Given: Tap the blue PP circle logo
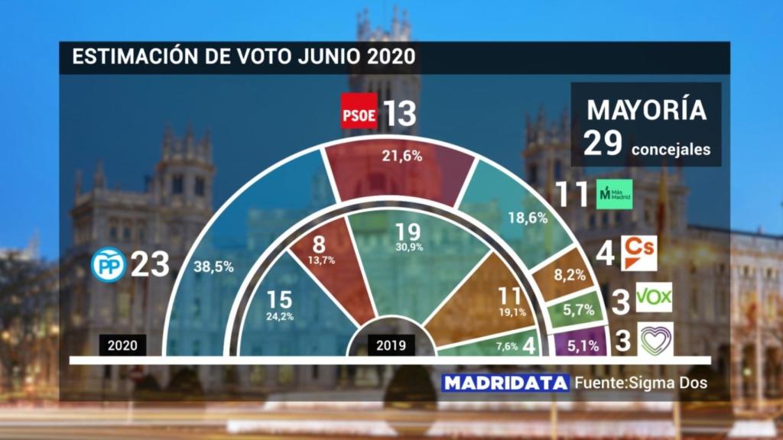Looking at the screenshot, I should [x=107, y=265].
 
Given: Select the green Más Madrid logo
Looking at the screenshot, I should [x=615, y=194].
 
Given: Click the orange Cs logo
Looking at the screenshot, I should [x=638, y=253].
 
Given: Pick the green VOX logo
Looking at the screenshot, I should [x=654, y=298].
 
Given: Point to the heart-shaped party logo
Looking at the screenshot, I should [x=656, y=340].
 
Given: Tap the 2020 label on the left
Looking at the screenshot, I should [x=122, y=345].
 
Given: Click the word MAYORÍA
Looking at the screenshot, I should [x=646, y=110].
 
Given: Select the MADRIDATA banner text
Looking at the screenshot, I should [x=506, y=383].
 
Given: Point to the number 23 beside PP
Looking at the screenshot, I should [x=150, y=265].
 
